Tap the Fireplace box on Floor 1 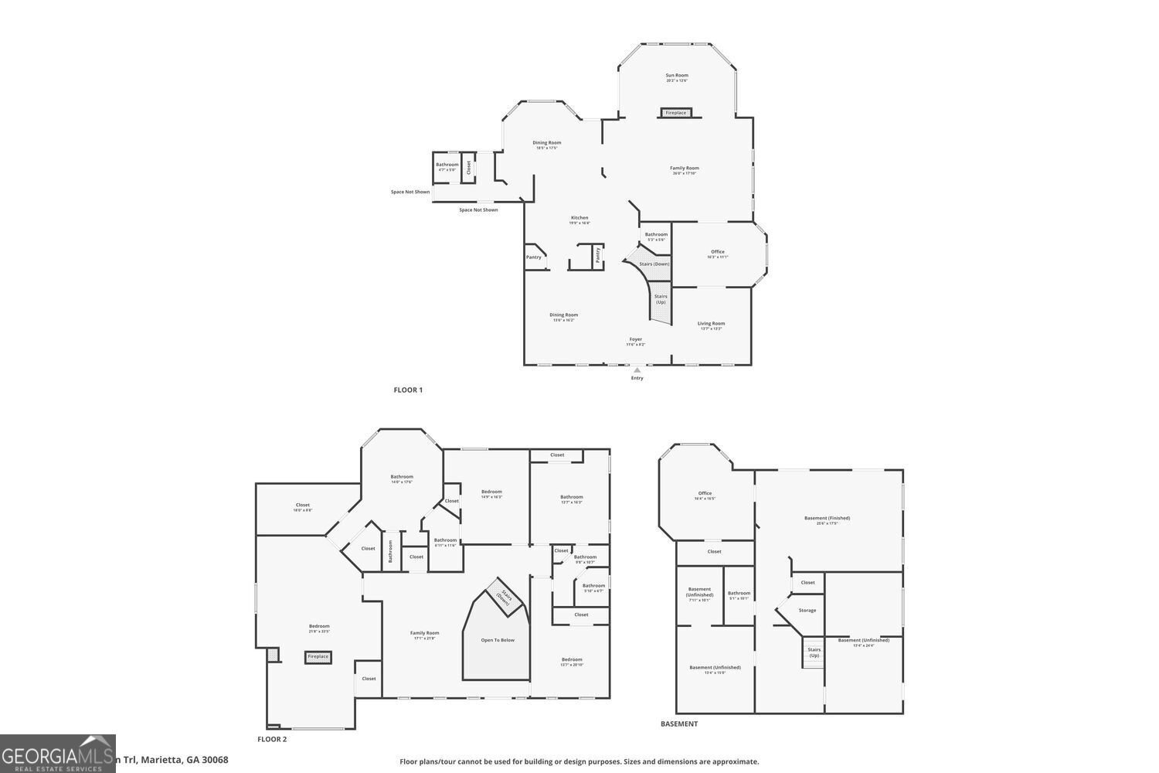(675, 113)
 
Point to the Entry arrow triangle (637, 370)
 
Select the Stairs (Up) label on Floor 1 (661, 298)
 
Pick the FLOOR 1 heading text (408, 390)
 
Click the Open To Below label (498, 640)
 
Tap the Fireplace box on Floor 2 (318, 657)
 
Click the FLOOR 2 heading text (272, 739)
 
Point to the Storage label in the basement (807, 611)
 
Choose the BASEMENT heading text (679, 724)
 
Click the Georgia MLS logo (58, 754)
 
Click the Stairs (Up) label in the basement (814, 652)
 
